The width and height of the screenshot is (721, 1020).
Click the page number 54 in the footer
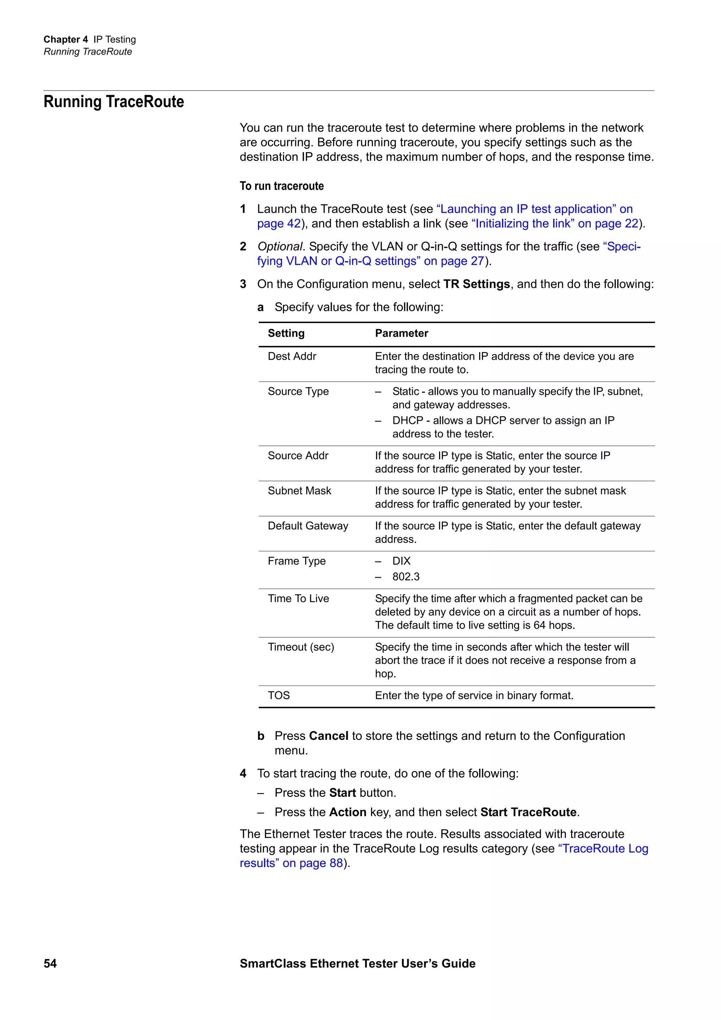pyautogui.click(x=50, y=963)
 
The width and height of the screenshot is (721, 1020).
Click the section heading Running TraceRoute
pyautogui.click(x=114, y=102)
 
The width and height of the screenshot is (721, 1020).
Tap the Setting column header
pyautogui.click(x=286, y=333)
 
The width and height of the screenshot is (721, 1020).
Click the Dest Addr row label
pyautogui.click(x=292, y=356)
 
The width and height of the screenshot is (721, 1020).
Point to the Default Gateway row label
pyautogui.click(x=308, y=525)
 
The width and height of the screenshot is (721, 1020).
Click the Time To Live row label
pyautogui.click(x=298, y=598)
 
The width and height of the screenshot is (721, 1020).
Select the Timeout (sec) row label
pyautogui.click(x=301, y=647)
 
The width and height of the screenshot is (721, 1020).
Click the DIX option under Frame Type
pyautogui.click(x=401, y=561)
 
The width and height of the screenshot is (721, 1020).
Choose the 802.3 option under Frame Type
pyautogui.click(x=406, y=577)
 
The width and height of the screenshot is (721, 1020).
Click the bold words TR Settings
pyautogui.click(x=476, y=284)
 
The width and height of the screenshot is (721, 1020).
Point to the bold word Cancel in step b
pyautogui.click(x=329, y=736)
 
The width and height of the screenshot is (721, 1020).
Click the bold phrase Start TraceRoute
pyautogui.click(x=528, y=812)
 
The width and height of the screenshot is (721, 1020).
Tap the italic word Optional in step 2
pyautogui.click(x=280, y=247)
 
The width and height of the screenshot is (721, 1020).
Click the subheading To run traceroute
pyautogui.click(x=282, y=186)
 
